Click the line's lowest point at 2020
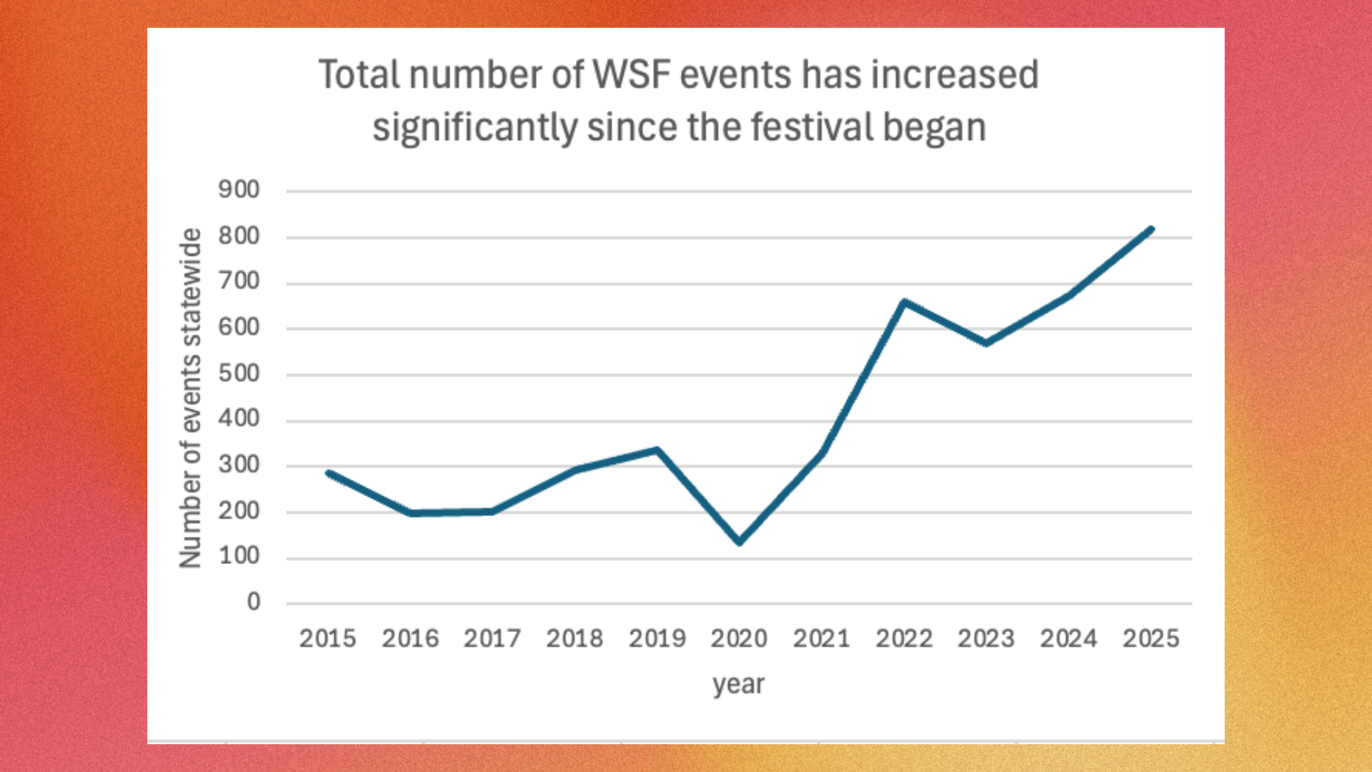point(740,542)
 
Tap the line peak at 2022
point(905,302)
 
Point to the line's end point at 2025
point(1150,229)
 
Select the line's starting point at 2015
point(329,473)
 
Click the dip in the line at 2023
point(987,343)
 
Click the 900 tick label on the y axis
point(239,190)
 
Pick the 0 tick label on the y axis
point(254,603)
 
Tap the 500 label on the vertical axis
point(239,374)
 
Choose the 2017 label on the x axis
point(492,638)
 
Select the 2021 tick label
point(822,638)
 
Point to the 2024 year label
point(1068,638)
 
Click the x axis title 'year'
point(739,685)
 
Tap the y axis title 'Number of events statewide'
point(191,397)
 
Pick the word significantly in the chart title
point(475,128)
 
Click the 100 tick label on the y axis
point(239,556)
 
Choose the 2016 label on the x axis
point(410,638)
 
